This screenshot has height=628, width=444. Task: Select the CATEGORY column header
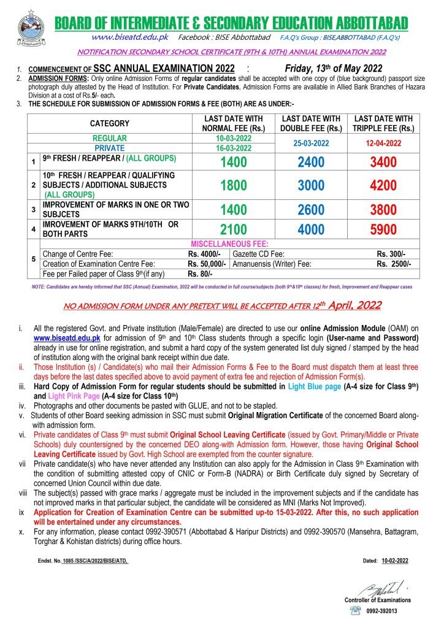pos(110,123)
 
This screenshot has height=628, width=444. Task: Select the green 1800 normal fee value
pos(232,186)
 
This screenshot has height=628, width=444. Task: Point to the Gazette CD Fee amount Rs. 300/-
pos(391,254)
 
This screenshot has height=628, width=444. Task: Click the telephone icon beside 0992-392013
pos(355,611)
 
